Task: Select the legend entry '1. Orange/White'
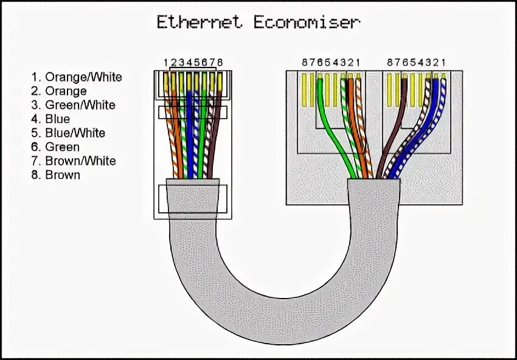point(77,77)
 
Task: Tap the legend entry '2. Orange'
point(59,91)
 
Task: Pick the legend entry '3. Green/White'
point(73,105)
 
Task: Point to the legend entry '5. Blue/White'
point(68,133)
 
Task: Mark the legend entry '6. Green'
point(55,147)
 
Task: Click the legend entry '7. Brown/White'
point(74,161)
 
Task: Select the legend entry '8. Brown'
point(55,175)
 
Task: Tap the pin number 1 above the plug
point(165,63)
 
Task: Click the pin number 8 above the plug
point(220,63)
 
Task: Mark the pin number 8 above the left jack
point(305,63)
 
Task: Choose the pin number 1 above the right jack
point(443,63)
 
